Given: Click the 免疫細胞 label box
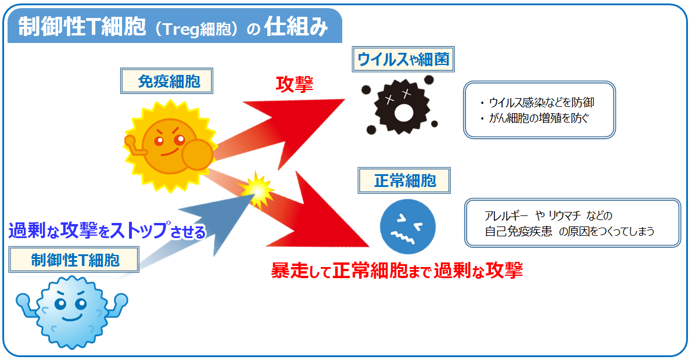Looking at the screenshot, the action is [166, 81].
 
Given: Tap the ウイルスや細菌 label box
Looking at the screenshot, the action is [403, 59].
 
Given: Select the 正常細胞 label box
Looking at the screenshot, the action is [404, 181].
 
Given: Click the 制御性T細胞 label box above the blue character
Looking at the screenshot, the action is [74, 260].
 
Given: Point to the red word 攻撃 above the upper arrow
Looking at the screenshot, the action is [295, 84].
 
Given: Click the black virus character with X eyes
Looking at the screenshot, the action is [401, 106].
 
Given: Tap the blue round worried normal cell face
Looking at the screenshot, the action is [408, 227].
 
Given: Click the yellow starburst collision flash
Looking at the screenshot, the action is [257, 190].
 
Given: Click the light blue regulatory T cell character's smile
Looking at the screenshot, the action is [71, 317].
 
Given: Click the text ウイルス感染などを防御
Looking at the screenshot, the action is [542, 102].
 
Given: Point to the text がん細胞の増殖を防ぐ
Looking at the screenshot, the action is [539, 118].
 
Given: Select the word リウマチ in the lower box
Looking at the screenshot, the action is [565, 216].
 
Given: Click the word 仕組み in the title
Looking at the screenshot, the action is [296, 27].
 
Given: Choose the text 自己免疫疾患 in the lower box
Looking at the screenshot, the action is [518, 231].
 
